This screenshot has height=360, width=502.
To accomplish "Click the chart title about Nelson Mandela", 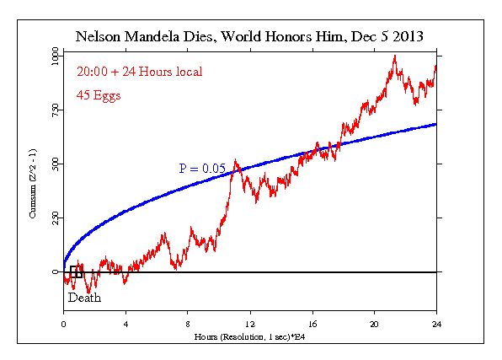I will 249,37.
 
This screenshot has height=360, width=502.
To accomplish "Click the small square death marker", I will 76,271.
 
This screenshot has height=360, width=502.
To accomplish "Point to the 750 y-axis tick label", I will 56,108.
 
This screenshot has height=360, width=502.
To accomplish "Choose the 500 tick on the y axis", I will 56,163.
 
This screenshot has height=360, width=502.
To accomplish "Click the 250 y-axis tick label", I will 56,218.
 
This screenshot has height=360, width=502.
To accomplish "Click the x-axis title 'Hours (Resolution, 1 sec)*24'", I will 250,335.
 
